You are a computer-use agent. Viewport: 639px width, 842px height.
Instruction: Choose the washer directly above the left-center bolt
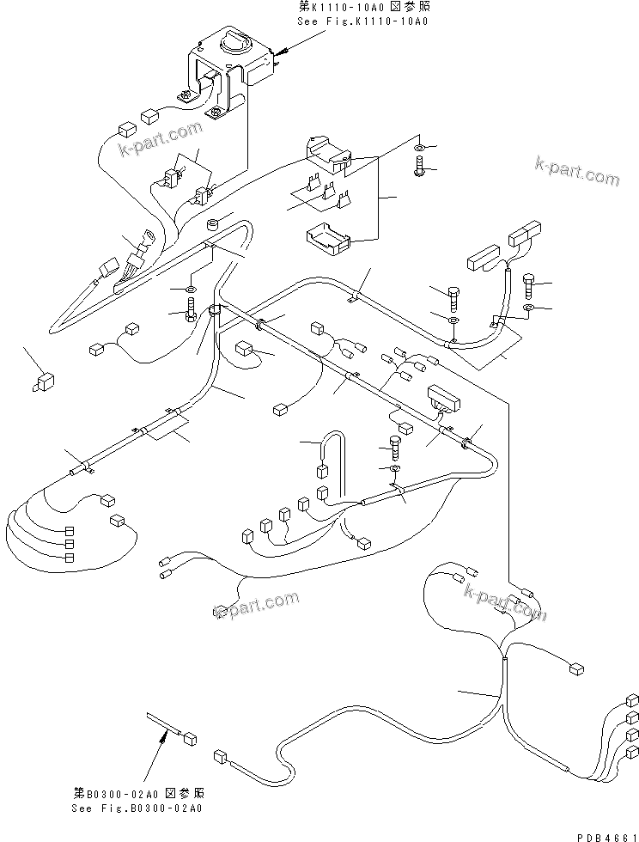click(191, 289)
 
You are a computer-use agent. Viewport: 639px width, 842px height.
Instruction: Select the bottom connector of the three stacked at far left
click(69, 558)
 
